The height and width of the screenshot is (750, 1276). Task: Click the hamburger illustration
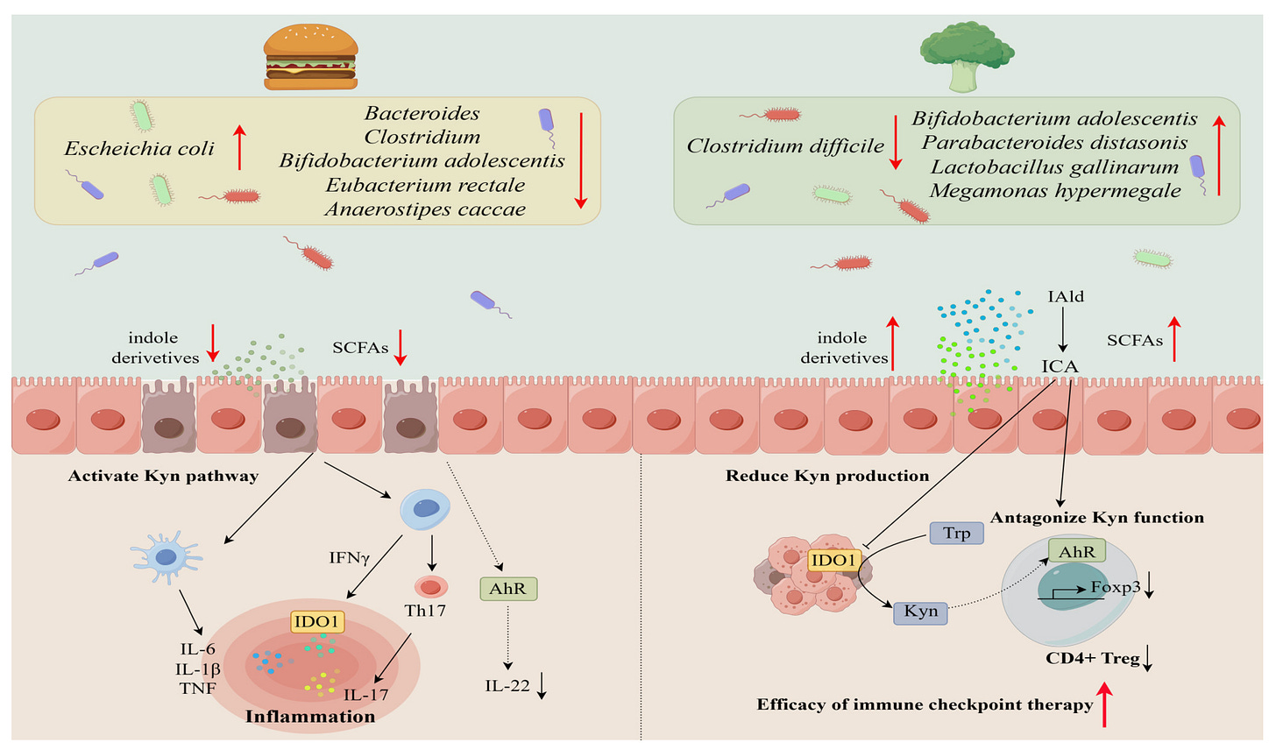[310, 57]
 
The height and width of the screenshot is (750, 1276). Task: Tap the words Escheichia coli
[139, 148]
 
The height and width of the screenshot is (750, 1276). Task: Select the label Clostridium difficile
[785, 146]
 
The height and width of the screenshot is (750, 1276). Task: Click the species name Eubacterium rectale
[425, 185]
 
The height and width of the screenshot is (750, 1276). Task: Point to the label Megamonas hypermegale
[1055, 190]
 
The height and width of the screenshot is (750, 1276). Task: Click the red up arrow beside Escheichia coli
[239, 146]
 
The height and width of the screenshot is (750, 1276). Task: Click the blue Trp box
[956, 533]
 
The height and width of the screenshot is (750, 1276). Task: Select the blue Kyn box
[921, 612]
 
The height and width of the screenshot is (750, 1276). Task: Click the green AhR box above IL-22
[508, 589]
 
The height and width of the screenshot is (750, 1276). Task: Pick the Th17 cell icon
[430, 587]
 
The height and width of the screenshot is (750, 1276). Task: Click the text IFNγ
[349, 556]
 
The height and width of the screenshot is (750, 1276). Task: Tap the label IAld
[1066, 297]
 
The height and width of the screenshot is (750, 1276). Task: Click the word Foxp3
[1115, 587]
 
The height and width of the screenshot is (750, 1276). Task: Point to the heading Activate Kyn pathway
[163, 477]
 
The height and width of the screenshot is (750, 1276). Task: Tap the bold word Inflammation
[310, 717]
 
